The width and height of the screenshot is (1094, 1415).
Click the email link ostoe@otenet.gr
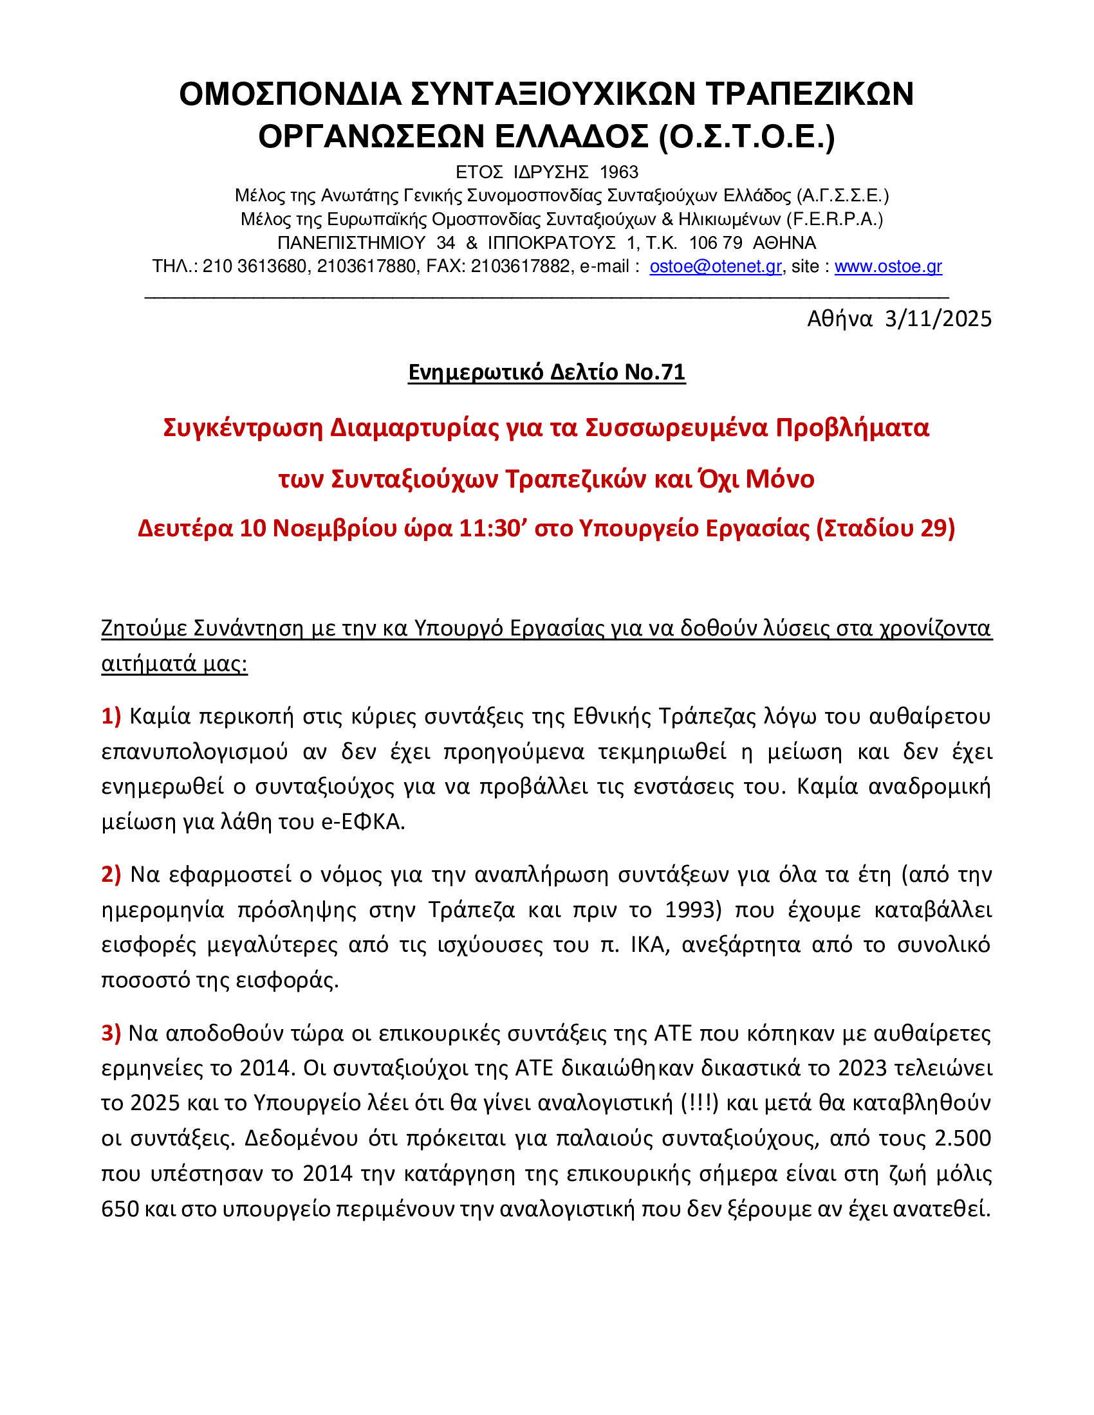(716, 266)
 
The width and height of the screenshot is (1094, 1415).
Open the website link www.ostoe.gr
(888, 266)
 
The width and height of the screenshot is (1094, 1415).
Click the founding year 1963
(619, 172)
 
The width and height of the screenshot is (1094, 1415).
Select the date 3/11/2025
(938, 319)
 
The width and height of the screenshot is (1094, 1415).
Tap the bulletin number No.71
(654, 372)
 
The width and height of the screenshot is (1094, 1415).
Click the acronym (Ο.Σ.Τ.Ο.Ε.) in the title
(746, 136)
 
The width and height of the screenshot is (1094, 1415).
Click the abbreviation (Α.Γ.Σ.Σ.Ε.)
(842, 196)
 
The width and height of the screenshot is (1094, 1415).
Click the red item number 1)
(111, 716)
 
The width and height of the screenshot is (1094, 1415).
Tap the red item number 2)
(111, 875)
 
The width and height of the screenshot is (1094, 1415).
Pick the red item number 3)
(111, 1033)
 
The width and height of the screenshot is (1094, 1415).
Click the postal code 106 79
(716, 243)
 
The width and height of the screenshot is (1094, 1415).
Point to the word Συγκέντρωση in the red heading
(243, 428)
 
